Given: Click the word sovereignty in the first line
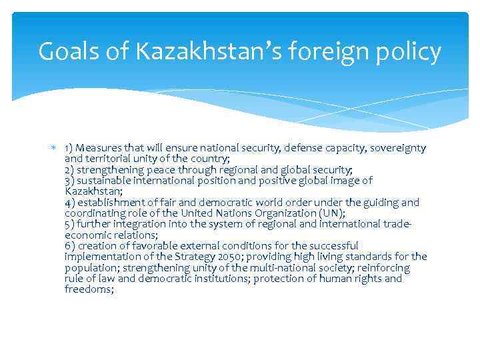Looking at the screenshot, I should (397, 147).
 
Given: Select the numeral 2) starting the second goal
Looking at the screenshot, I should (70, 169).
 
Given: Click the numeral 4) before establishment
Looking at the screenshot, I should (70, 202).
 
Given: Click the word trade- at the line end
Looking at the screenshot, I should (396, 224).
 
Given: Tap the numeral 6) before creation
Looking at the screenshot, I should (70, 245).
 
